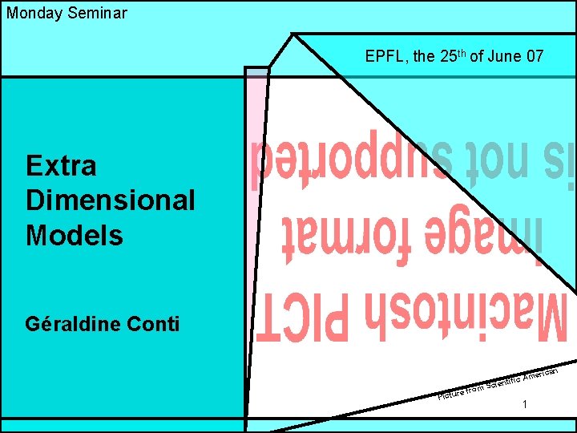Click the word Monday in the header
32,13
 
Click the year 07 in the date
535,57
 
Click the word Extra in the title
61,166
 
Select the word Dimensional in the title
110,200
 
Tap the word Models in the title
75,235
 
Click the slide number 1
524,405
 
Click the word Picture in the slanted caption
450,393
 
